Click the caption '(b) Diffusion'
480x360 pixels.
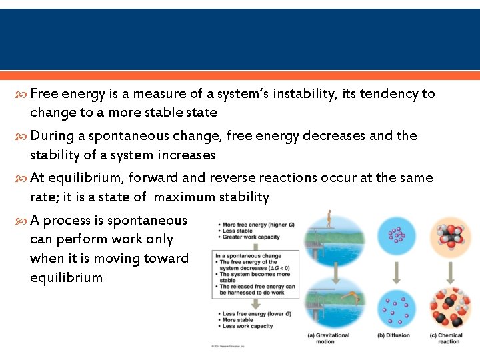click(x=393, y=335)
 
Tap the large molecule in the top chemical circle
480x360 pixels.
click(x=449, y=237)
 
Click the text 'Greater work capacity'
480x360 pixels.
click(x=251, y=237)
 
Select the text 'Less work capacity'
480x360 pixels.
click(x=247, y=326)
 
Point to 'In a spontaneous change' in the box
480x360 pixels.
click(x=247, y=256)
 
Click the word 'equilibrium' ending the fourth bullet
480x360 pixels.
click(x=67, y=277)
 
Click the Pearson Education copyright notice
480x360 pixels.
click(x=229, y=346)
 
